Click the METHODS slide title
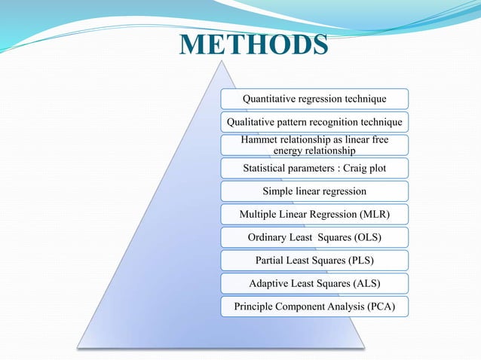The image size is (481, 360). tap(253, 44)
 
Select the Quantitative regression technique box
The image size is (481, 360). tap(314, 99)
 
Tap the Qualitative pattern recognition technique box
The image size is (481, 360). tap(314, 122)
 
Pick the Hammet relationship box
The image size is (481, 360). tap(314, 145)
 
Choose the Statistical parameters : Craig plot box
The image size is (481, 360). tap(314, 168)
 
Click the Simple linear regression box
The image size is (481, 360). tap(314, 191)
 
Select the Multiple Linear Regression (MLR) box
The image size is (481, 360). tap(314, 214)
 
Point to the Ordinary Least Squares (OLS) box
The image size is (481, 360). tap(314, 237)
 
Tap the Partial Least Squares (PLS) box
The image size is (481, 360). tap(314, 261)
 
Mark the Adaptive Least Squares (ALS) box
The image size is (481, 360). tap(314, 283)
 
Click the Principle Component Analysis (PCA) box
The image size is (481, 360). tap(314, 307)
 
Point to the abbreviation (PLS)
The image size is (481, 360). tap(358, 261)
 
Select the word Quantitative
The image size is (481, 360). tap(271, 99)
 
